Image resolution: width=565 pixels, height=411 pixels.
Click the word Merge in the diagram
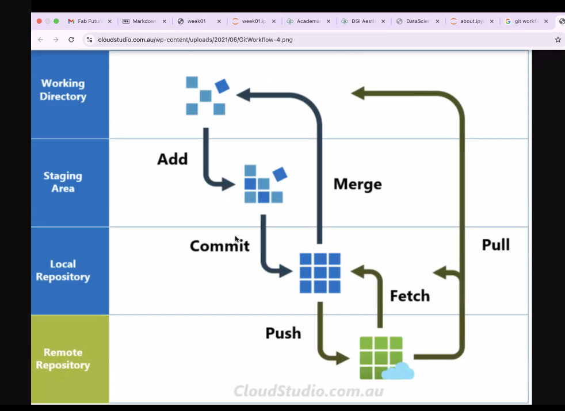click(x=357, y=185)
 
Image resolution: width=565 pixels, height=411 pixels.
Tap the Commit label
click(x=220, y=246)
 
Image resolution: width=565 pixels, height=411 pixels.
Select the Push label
click(x=283, y=333)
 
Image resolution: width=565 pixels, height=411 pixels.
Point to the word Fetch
click(x=410, y=296)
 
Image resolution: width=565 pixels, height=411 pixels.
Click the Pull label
click(x=495, y=245)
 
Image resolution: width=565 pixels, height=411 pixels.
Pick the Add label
click(x=173, y=159)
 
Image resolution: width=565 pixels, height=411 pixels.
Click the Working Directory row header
click(x=63, y=90)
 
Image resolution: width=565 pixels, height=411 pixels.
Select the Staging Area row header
click(x=63, y=182)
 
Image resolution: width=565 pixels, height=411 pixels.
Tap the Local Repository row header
click(x=63, y=270)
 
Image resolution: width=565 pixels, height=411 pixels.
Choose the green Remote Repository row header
click(x=63, y=359)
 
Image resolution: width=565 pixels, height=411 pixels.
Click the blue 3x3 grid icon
click(x=320, y=273)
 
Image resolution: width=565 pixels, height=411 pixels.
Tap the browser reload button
click(x=71, y=40)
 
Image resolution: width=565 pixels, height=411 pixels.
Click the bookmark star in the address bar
click(x=558, y=40)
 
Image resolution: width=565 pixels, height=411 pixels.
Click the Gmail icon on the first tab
click(x=71, y=21)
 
